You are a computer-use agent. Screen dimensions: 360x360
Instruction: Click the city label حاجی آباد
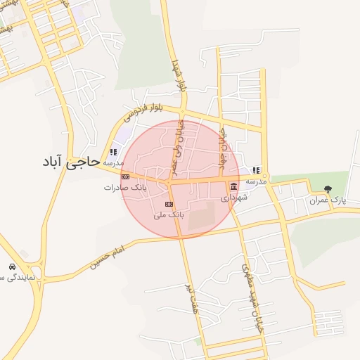(x=68, y=162)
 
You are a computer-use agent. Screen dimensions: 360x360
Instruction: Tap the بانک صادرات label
(x=125, y=188)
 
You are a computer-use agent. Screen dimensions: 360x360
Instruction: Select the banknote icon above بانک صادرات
(x=125, y=176)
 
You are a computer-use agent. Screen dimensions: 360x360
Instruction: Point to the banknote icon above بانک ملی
(x=168, y=204)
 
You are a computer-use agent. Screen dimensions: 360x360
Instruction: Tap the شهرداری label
(x=233, y=198)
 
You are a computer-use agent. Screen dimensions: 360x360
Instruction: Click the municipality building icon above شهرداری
(x=233, y=186)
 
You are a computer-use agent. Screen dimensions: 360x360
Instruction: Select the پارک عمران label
(x=328, y=200)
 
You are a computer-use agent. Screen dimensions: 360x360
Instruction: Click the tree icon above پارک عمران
(x=328, y=188)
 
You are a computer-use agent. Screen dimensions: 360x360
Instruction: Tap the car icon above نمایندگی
(x=12, y=267)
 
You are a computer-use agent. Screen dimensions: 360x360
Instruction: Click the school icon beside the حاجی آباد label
(x=113, y=152)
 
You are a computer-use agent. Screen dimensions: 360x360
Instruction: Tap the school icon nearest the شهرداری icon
(x=257, y=170)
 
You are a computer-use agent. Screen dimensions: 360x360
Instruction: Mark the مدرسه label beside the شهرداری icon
(x=256, y=181)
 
